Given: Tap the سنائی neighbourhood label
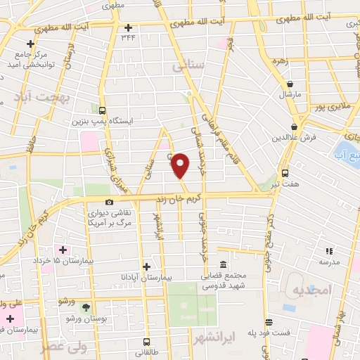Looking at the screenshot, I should pyautogui.click(x=187, y=66).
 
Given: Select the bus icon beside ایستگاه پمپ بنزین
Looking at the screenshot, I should pyautogui.click(x=103, y=110).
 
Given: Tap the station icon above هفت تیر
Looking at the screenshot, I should pyautogui.click(x=285, y=172).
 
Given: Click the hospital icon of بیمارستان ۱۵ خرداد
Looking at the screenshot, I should pyautogui.click(x=63, y=250).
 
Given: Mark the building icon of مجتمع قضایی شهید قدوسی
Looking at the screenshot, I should pyautogui.click(x=223, y=265).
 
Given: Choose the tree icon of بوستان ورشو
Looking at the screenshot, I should pyautogui.click(x=86, y=307).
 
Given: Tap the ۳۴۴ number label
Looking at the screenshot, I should pyautogui.click(x=128, y=37).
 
